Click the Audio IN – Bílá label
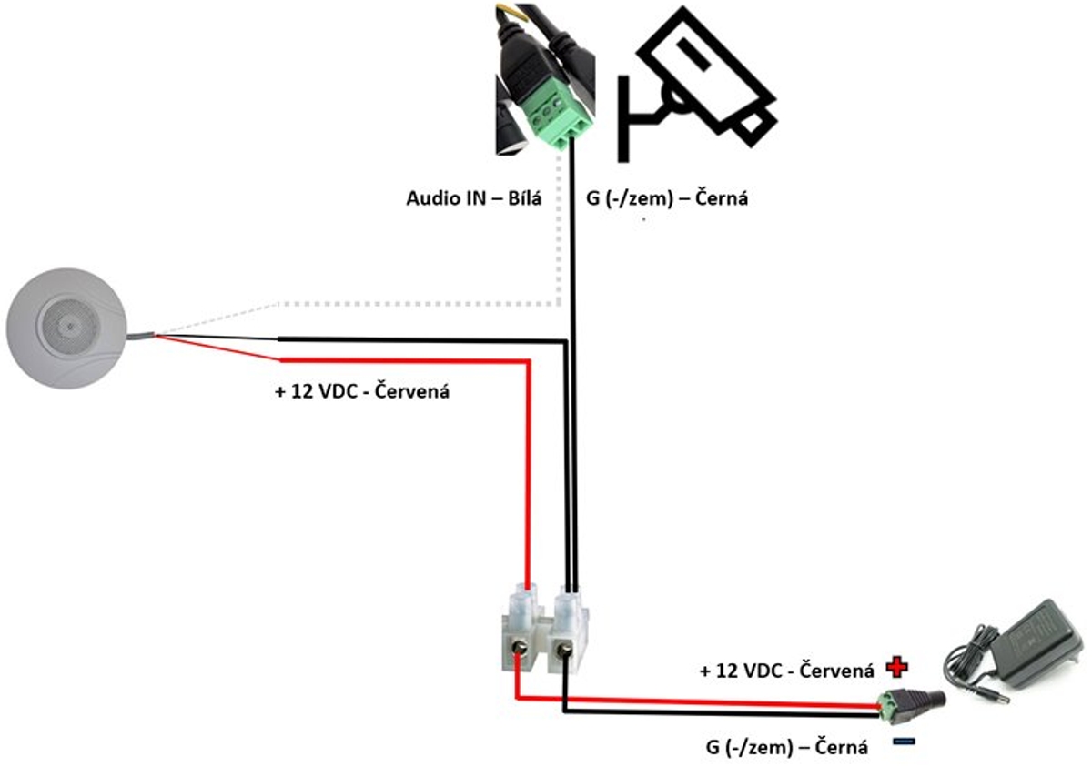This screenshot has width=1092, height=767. click(x=474, y=198)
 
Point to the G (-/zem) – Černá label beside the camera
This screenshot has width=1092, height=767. click(x=667, y=198)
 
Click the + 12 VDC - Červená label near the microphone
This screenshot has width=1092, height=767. click(x=362, y=391)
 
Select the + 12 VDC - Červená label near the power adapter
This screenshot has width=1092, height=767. click(x=787, y=671)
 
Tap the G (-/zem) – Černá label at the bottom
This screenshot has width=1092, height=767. click(x=787, y=747)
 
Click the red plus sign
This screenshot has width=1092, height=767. click(x=897, y=667)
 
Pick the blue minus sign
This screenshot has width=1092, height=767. click(x=904, y=742)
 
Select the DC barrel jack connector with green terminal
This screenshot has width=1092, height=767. click(x=911, y=701)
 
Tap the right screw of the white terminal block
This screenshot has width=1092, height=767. click(x=564, y=650)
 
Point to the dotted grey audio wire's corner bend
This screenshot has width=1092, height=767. click(x=559, y=304)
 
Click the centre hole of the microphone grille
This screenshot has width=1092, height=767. click(x=71, y=327)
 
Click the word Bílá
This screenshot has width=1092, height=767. click(x=525, y=198)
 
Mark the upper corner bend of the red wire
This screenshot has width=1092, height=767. click(x=528, y=361)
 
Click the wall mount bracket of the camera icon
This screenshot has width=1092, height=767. click(x=633, y=118)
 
